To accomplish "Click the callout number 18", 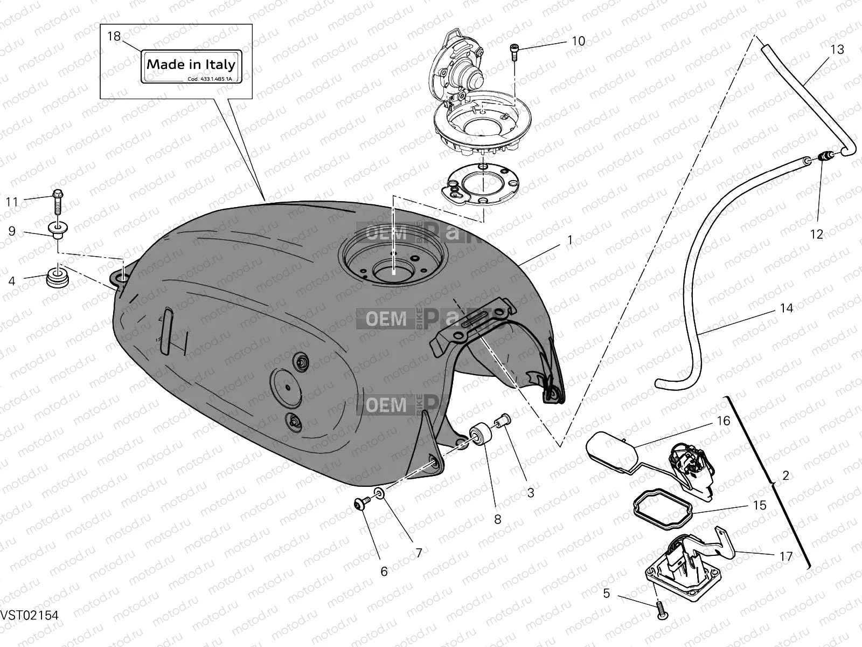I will coord(114,36).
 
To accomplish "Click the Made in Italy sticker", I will coord(191,67).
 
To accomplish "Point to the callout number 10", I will coord(578,41).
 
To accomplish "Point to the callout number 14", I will coord(787,308).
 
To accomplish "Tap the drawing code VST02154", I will coord(30,615).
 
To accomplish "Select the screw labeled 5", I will coord(661,610).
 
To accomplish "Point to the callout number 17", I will coord(786,556).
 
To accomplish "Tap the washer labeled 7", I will coord(379,492).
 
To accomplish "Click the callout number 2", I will coord(785,476).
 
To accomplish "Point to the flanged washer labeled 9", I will coord(57,229).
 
